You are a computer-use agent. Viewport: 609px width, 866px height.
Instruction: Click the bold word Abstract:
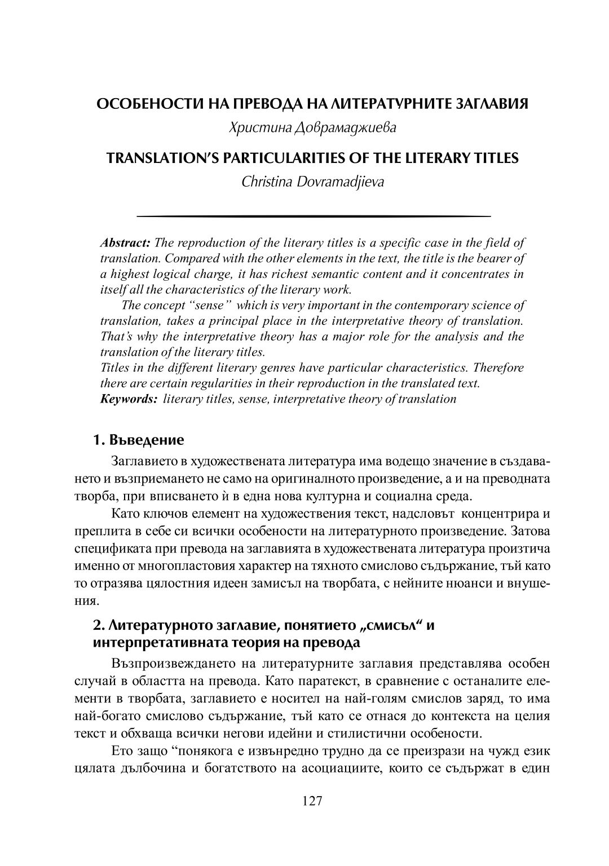[125, 243]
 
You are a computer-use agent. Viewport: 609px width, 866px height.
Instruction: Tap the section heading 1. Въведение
[138, 439]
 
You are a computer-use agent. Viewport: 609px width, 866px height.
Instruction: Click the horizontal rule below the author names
[314, 216]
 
